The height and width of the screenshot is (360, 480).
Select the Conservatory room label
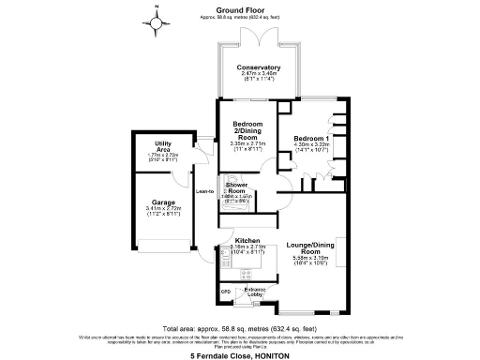tap(258, 67)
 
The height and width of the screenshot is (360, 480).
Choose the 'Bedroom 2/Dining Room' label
tap(248, 130)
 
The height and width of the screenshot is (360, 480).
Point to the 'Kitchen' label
tap(247, 240)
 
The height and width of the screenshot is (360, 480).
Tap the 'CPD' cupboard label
tap(225, 292)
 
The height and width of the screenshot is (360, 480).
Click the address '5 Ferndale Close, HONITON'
tap(240, 355)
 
